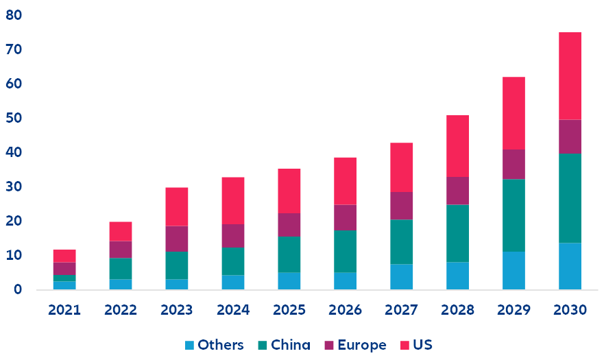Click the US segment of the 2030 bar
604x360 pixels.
pos(570,76)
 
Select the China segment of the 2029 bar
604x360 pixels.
pos(514,215)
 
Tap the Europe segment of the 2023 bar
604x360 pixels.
pos(176,239)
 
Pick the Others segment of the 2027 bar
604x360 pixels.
pos(401,276)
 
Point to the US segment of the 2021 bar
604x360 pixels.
pos(64,256)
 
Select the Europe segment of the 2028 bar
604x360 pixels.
pos(457,191)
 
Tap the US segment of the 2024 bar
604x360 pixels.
pos(232,201)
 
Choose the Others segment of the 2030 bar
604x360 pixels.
pos(570,266)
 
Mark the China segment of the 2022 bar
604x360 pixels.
pos(121,268)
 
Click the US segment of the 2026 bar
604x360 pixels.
pos(345,181)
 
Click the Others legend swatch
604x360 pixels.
pos(190,345)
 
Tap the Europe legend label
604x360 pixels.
pos(362,345)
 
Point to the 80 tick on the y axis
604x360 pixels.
pos(13,15)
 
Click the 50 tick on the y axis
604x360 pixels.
pos(13,118)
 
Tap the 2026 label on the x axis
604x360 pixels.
pos(345,310)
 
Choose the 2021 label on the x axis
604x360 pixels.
pos(64,310)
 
